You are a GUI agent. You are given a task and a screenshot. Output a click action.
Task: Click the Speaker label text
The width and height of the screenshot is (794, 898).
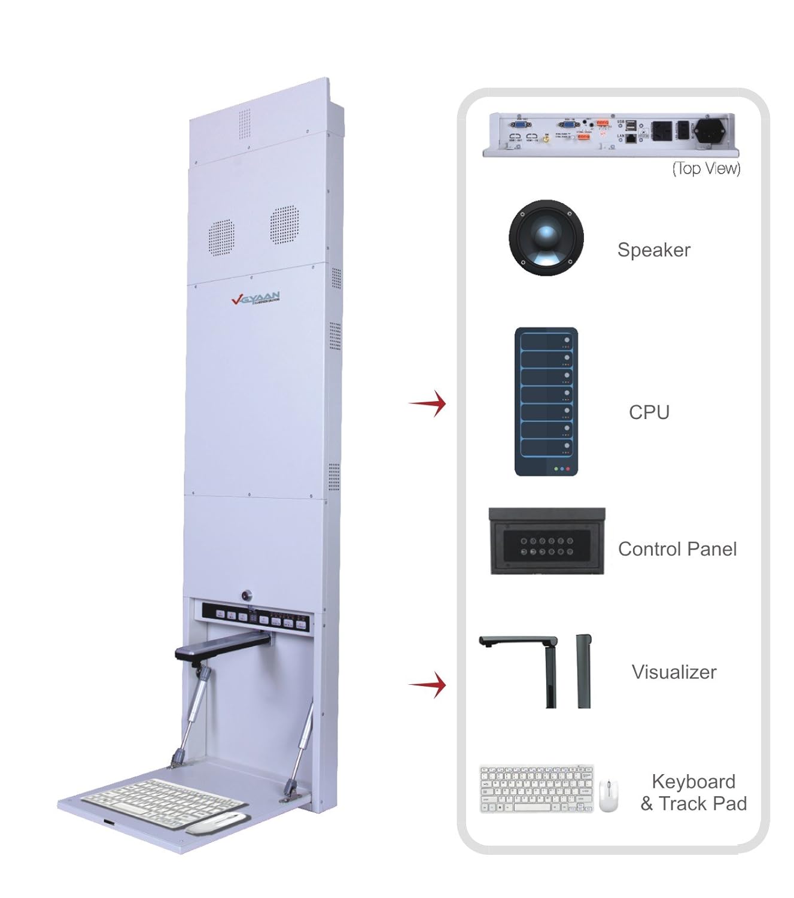pos(653,250)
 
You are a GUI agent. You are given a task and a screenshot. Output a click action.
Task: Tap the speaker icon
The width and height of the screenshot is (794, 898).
pos(546,238)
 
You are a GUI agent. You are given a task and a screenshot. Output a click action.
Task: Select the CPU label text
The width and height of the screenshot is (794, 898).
pos(649,412)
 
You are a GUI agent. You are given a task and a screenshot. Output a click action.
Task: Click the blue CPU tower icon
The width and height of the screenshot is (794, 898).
pos(546,402)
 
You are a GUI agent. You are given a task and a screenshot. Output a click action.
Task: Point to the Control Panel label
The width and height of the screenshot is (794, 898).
pos(677,549)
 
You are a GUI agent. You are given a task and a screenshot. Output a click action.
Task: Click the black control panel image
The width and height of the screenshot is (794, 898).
pos(547,542)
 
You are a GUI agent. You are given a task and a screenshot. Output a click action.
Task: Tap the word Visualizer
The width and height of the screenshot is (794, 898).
pos(674,672)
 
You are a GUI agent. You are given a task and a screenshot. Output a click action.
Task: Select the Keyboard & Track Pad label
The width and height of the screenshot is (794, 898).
pos(693,793)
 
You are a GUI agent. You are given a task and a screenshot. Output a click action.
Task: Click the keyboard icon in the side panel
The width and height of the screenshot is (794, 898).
pos(537,789)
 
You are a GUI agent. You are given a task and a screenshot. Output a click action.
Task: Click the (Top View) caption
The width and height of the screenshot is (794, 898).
pos(706,169)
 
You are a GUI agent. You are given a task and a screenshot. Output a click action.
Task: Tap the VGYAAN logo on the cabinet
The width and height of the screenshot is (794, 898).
pos(255,298)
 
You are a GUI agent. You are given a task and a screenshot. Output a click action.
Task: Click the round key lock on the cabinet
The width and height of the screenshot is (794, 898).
pos(247,596)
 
